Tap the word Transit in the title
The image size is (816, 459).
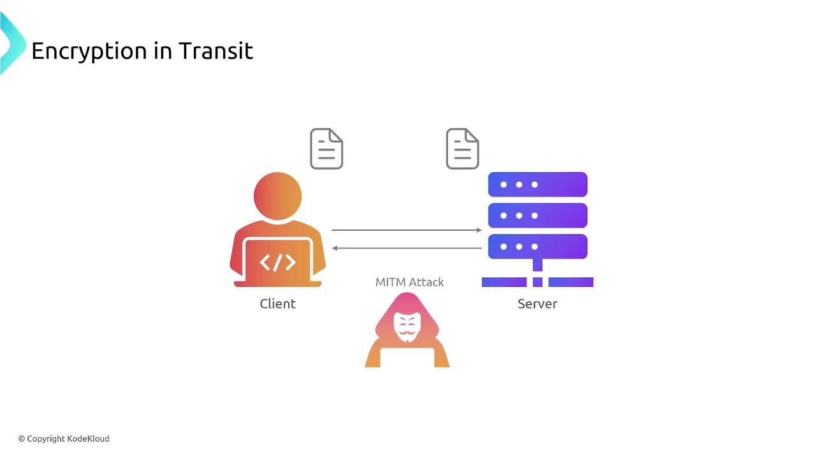[x=215, y=50]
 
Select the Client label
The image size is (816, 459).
[x=277, y=303]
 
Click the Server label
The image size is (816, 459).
[x=537, y=303]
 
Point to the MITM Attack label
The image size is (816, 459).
[x=409, y=282]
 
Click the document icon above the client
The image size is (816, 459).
[x=326, y=149]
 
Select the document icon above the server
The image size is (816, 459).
[x=463, y=149]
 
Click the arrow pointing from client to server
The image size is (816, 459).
[x=407, y=230]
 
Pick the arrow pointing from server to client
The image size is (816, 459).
[x=407, y=248]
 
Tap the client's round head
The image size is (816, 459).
[x=277, y=196]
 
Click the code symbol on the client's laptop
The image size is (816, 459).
[x=277, y=262]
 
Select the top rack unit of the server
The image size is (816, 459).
[x=537, y=184]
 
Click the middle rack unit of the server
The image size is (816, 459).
[x=537, y=215]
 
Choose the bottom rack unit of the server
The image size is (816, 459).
[x=537, y=246]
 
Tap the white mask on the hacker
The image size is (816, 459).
[x=407, y=326]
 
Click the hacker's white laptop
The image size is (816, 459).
[x=407, y=357]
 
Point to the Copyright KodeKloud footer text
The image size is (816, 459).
[x=64, y=439]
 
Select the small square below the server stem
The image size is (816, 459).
[x=537, y=282]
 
